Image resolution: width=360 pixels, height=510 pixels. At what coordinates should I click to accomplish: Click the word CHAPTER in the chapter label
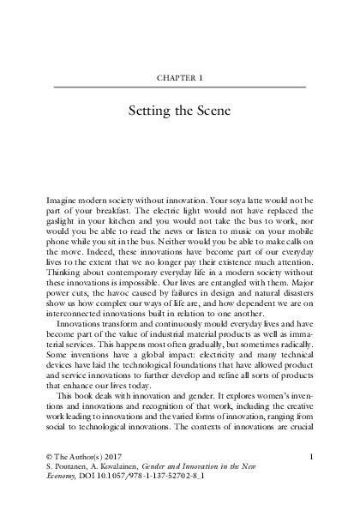(175, 77)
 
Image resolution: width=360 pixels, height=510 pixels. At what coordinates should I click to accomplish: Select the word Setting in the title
(153, 111)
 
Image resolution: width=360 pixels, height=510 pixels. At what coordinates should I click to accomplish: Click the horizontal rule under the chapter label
(180, 87)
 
